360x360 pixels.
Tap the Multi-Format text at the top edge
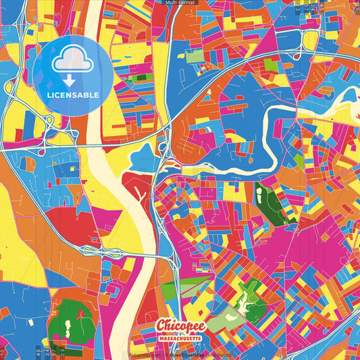179,3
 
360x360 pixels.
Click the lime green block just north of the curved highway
270,66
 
